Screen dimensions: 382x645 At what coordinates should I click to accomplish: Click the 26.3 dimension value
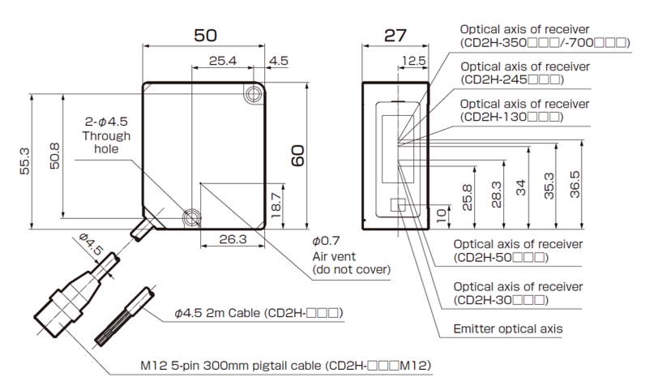pos(233,239)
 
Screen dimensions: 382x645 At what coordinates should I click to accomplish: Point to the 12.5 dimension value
pos(413,61)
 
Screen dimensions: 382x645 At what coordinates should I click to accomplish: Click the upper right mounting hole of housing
pos(255,95)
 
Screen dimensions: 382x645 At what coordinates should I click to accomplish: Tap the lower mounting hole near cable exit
pos(192,217)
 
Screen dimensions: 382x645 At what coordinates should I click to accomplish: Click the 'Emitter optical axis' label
pos(506,329)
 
